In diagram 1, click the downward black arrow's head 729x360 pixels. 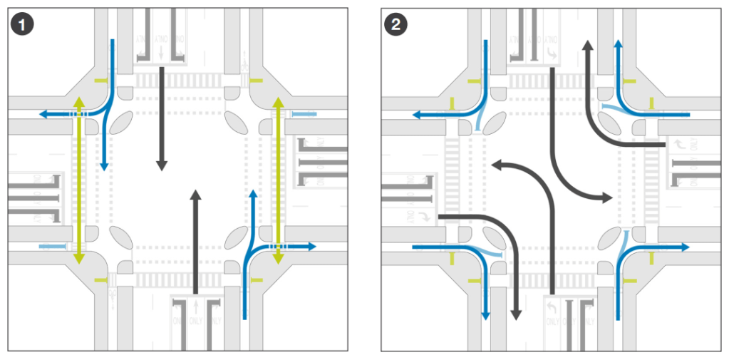pos(162,165)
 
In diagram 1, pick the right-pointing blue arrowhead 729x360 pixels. pos(312,247)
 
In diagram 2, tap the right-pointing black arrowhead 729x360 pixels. pos(608,197)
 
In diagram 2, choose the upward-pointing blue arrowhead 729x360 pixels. pos(617,44)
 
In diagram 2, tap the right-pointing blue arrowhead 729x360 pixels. pos(686,247)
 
